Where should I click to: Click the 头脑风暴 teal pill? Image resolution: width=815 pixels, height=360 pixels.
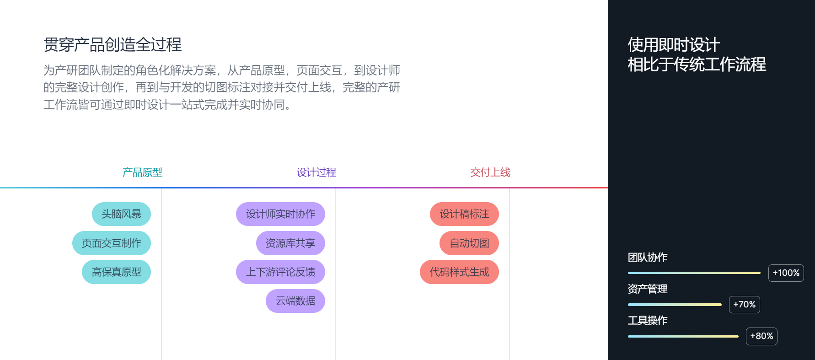[121, 214]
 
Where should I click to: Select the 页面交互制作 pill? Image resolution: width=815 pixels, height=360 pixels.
[112, 243]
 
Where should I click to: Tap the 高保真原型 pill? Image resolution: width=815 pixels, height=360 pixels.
[116, 272]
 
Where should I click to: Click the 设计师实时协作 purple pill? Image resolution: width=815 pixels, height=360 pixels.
[280, 214]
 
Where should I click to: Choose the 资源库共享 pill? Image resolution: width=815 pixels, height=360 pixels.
[290, 243]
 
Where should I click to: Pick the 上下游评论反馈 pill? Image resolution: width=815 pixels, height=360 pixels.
[280, 272]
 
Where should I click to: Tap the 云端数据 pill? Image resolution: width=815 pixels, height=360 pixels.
[295, 301]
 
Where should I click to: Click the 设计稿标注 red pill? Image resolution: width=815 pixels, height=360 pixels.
[464, 214]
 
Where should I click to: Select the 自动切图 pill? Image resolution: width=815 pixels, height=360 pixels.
[469, 243]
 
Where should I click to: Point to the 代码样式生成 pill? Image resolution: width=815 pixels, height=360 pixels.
[459, 272]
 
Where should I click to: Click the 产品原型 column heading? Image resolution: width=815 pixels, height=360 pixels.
[142, 172]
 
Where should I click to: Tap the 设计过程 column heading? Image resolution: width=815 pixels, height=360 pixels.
[316, 172]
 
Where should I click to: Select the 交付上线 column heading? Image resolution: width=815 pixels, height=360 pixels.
[490, 172]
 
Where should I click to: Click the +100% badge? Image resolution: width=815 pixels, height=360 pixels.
[786, 273]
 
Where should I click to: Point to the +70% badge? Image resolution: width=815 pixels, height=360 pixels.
[745, 305]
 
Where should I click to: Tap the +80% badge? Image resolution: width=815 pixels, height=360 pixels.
[761, 336]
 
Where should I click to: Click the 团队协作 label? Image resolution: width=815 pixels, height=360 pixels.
[648, 258]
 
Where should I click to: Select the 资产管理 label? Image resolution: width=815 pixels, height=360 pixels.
[648, 289]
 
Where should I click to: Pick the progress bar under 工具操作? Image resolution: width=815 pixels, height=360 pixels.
[683, 336]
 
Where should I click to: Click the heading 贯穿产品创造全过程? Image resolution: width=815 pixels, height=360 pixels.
[113, 45]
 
